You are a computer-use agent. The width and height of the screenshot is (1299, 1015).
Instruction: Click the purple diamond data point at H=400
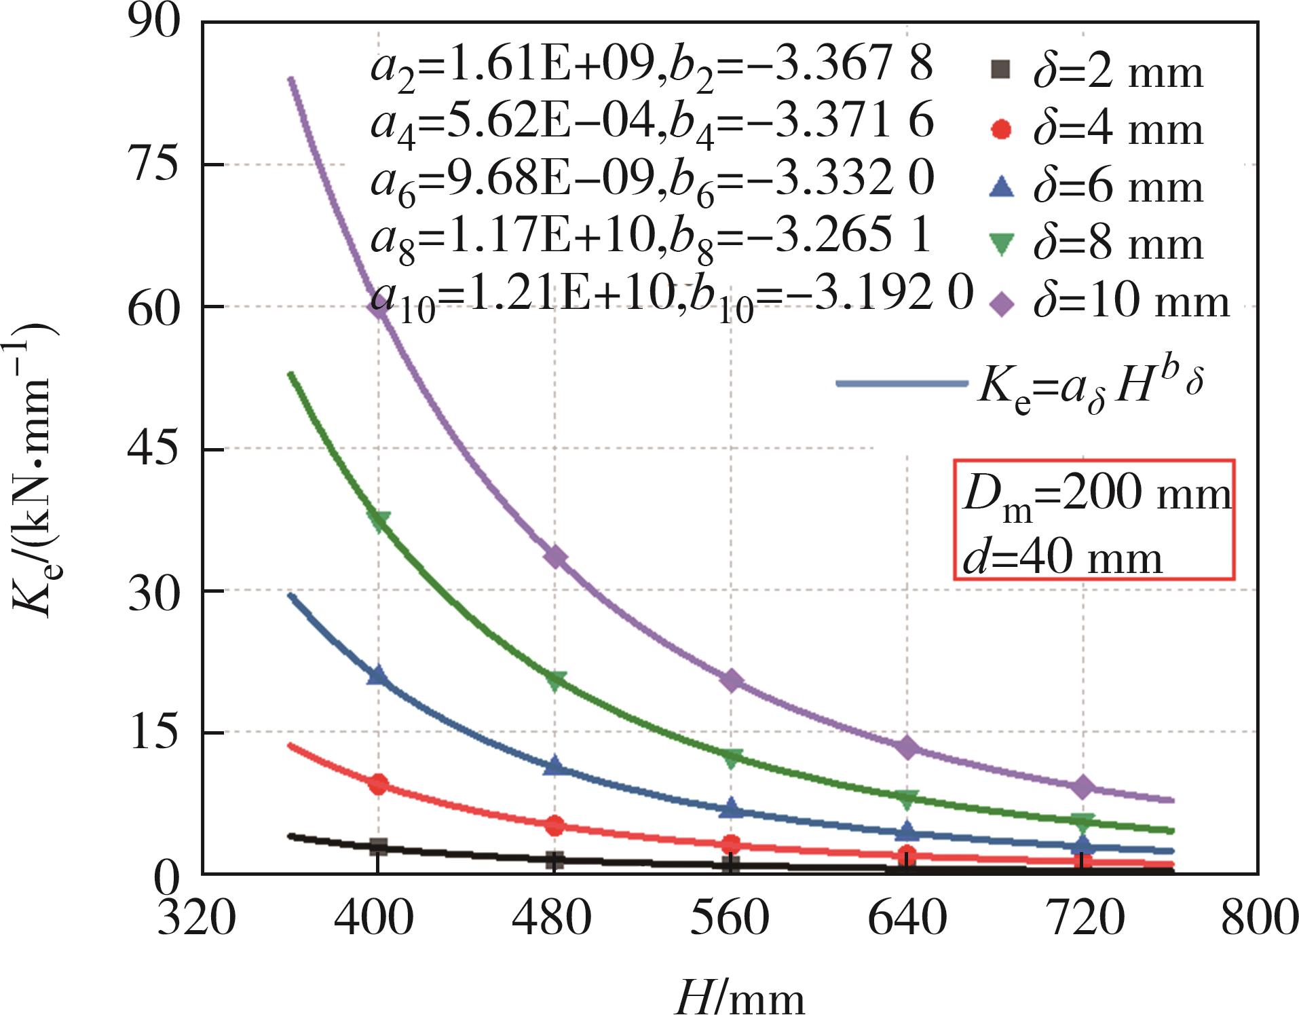[x=378, y=307]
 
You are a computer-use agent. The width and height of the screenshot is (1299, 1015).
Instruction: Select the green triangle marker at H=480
[x=555, y=680]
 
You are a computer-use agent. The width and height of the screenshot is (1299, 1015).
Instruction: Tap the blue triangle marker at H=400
[x=378, y=675]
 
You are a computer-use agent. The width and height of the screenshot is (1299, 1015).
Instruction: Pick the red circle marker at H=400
[x=378, y=784]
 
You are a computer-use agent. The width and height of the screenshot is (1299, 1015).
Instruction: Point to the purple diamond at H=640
[x=907, y=748]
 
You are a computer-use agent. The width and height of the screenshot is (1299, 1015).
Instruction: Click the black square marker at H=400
[x=378, y=847]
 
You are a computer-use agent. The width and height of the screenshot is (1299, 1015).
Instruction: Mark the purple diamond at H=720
[x=1083, y=787]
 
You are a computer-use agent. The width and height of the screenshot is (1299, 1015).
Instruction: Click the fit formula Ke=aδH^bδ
[x=1089, y=387]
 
